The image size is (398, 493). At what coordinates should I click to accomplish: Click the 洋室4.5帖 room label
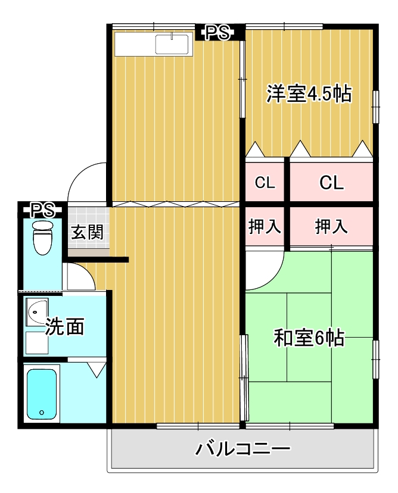(x=308, y=94)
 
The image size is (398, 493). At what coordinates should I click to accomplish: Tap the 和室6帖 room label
(x=308, y=338)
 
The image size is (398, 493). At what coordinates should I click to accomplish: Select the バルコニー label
(x=242, y=448)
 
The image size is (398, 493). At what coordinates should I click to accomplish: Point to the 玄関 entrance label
(x=88, y=232)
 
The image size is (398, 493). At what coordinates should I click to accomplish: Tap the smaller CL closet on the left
(x=265, y=183)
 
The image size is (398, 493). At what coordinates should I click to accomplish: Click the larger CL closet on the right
(x=331, y=183)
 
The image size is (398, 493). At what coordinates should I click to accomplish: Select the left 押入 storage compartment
(x=265, y=226)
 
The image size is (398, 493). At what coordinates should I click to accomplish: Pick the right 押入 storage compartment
(x=331, y=226)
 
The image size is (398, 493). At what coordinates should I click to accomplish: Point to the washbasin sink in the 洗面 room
(x=37, y=310)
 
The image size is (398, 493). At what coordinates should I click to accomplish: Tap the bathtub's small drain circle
(x=41, y=412)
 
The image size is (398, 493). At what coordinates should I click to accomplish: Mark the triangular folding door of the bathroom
(x=95, y=369)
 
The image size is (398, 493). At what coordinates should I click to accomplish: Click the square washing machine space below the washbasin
(x=36, y=344)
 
